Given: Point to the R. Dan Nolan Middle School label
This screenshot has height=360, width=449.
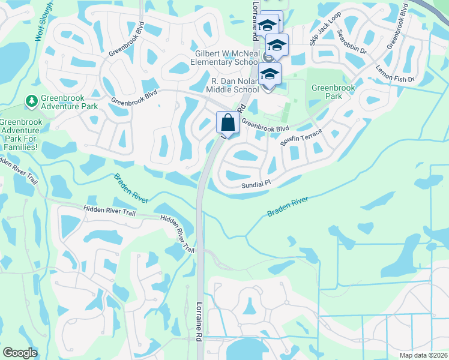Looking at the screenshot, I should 234,85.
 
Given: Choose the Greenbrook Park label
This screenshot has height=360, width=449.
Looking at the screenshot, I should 333,92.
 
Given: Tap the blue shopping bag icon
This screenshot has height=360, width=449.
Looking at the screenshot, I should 228,123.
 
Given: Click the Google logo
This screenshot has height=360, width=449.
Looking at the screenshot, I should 20,353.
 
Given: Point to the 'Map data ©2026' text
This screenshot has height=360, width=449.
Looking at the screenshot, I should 426,355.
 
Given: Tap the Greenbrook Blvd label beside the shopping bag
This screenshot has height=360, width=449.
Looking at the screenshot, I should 265,125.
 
